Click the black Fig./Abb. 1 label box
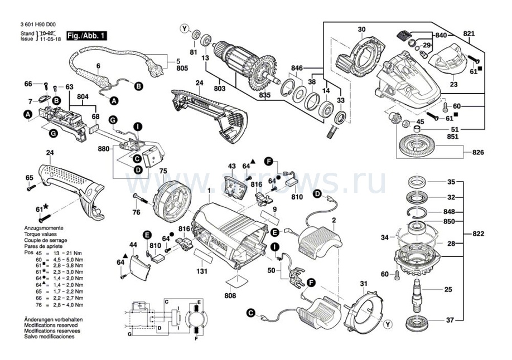86,36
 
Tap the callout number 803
219,87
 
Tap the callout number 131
202,271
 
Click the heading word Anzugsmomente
44,229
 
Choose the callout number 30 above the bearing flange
361,29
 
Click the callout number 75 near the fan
163,171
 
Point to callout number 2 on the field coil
334,221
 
